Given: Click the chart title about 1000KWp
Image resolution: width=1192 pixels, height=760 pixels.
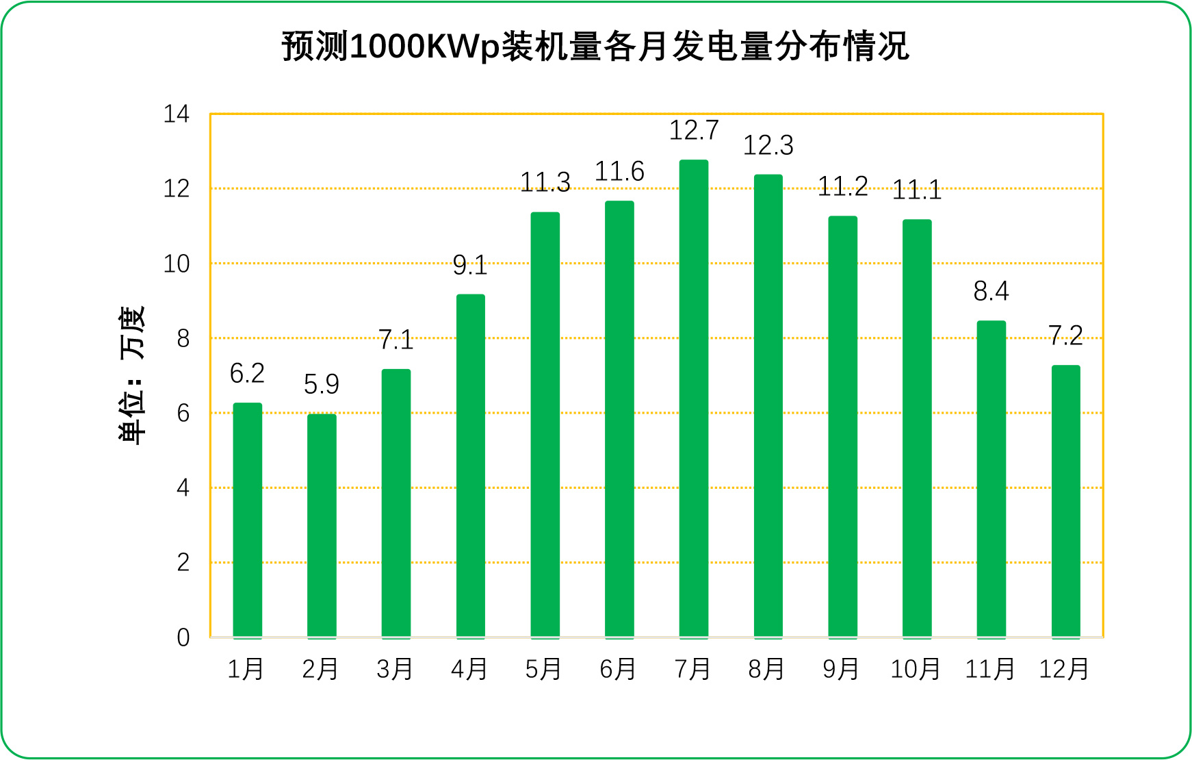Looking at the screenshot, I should [595, 47].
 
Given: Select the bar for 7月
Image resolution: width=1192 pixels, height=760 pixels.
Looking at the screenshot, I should [693, 399].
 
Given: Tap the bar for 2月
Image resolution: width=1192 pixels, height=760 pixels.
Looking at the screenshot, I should [322, 526].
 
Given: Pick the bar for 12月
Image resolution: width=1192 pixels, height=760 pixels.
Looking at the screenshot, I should [1065, 501].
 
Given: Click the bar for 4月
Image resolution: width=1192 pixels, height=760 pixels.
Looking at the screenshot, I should [470, 466].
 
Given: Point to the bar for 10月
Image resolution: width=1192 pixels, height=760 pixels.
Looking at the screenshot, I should [917, 429].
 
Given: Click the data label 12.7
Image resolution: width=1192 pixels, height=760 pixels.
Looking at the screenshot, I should [693, 130].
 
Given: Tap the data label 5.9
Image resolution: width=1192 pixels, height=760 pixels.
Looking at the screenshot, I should [322, 384].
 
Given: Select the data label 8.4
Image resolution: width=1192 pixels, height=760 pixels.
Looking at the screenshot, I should [991, 292].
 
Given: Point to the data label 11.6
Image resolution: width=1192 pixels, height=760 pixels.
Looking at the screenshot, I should [619, 171].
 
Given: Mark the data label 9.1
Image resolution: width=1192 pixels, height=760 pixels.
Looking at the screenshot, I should [470, 265].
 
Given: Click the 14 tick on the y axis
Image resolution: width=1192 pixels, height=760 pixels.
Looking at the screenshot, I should [176, 114].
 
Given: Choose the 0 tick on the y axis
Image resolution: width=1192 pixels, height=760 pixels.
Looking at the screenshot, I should [183, 637].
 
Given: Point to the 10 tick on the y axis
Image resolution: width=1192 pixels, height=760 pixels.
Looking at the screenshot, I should [176, 264].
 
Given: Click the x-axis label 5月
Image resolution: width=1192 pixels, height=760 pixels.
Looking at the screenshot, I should [544, 669].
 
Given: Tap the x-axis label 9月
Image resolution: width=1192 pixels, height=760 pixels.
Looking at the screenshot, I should [842, 669].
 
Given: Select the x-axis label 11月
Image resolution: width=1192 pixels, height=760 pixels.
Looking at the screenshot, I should [990, 669].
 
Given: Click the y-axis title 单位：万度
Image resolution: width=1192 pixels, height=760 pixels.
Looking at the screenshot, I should [133, 375].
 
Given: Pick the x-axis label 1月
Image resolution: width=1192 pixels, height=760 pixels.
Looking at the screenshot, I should [246, 669].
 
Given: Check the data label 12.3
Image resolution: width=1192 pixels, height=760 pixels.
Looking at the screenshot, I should [768, 145].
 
